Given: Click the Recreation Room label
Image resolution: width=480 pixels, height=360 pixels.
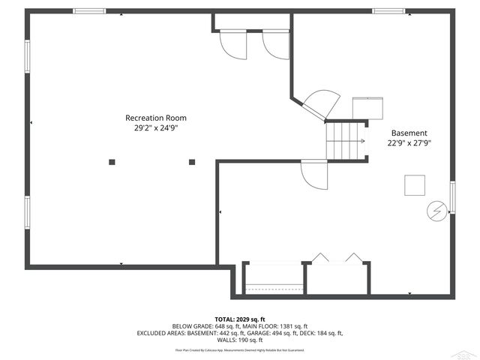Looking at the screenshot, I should coord(155,118).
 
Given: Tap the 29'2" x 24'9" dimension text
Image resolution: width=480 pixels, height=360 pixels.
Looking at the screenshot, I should coord(155,128).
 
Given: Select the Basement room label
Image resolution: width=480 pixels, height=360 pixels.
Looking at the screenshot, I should coord(409,133).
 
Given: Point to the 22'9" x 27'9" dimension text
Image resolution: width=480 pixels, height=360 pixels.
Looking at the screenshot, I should coord(409,143).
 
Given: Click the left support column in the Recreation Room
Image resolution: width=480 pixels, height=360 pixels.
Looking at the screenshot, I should coord(112,160).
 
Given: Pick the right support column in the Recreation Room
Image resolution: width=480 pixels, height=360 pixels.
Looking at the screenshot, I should coord(192,160).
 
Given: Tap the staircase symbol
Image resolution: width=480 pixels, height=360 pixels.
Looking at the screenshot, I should coord(346,140).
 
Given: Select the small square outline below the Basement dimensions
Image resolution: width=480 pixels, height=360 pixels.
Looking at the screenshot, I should coord(414,184).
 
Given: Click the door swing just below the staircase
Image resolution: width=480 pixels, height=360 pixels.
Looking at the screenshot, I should coord(315,176).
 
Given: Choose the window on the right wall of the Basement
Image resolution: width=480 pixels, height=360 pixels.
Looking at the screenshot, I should coord(452,198).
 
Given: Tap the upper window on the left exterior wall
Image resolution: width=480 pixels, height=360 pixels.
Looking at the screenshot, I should coord(28,62).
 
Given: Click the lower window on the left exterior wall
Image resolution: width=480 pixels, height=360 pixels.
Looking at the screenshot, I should coord(28,217).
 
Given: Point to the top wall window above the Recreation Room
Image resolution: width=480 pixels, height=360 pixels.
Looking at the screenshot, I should coord(88,11).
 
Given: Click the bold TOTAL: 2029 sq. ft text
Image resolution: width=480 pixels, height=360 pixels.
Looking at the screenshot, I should coord(240,319).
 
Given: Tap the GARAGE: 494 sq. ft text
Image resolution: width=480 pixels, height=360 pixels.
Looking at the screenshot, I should coord(281,333).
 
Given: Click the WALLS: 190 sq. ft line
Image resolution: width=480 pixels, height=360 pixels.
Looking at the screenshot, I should coord(240,340).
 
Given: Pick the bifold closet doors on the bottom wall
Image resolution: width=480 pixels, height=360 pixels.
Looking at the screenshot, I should coord(337,258).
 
